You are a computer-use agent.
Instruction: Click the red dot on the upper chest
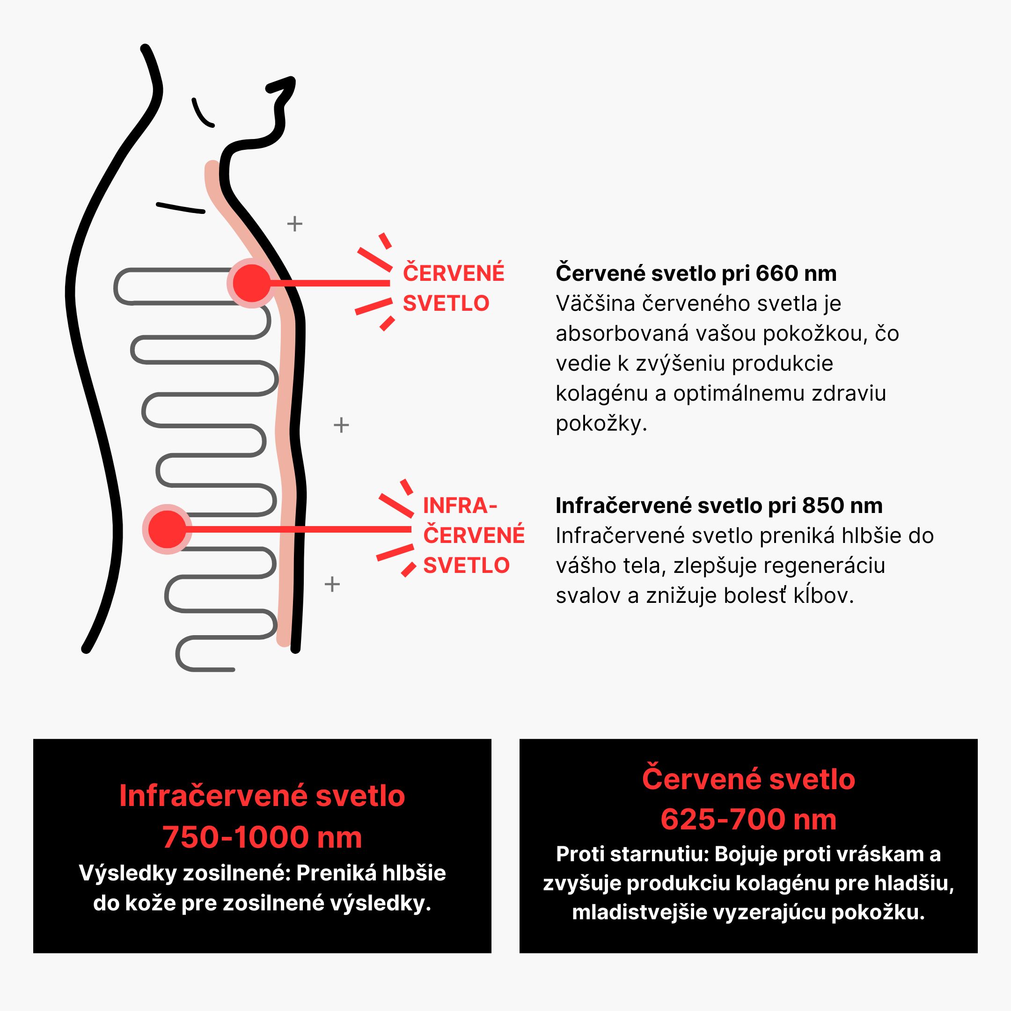click(x=251, y=283)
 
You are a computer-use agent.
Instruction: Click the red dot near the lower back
click(x=167, y=529)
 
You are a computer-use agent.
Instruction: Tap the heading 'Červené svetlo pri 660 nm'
click(x=696, y=273)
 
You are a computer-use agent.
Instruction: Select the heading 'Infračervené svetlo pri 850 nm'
click(x=719, y=505)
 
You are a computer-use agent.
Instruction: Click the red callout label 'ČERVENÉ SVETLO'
click(x=453, y=288)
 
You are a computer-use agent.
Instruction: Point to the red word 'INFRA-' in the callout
click(x=460, y=505)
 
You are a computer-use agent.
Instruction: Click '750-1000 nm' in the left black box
click(x=262, y=837)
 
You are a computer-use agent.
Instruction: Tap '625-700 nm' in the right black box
click(x=748, y=819)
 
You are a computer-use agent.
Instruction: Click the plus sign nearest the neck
click(x=294, y=224)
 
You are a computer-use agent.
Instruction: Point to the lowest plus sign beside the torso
click(x=332, y=584)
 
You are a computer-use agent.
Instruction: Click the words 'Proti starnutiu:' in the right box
click(x=632, y=854)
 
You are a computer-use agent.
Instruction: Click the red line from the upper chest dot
click(x=330, y=283)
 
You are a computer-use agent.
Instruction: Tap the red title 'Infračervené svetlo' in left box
click(x=262, y=796)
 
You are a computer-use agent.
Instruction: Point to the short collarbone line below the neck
click(x=180, y=208)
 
